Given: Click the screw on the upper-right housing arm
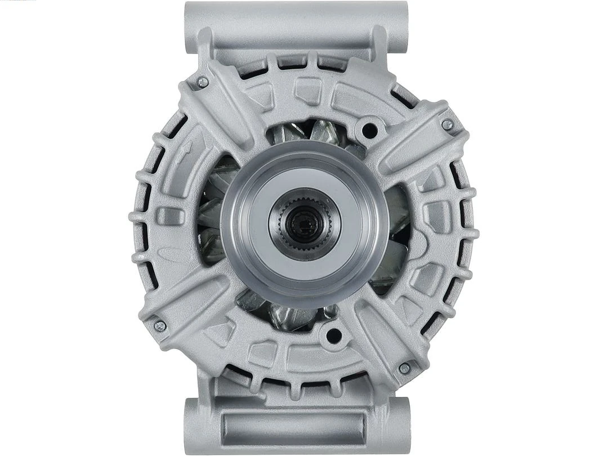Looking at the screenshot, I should pos(447,125).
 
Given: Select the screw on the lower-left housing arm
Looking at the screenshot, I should pos(160,325).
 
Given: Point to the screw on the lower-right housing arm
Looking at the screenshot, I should pos(404,368).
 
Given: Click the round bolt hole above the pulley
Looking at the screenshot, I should pos(369,131).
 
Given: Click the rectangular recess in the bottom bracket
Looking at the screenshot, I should pos(293,426).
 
